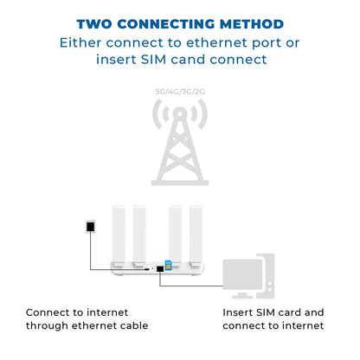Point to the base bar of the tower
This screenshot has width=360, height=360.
[180, 182]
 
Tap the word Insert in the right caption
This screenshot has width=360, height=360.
[239, 312]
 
